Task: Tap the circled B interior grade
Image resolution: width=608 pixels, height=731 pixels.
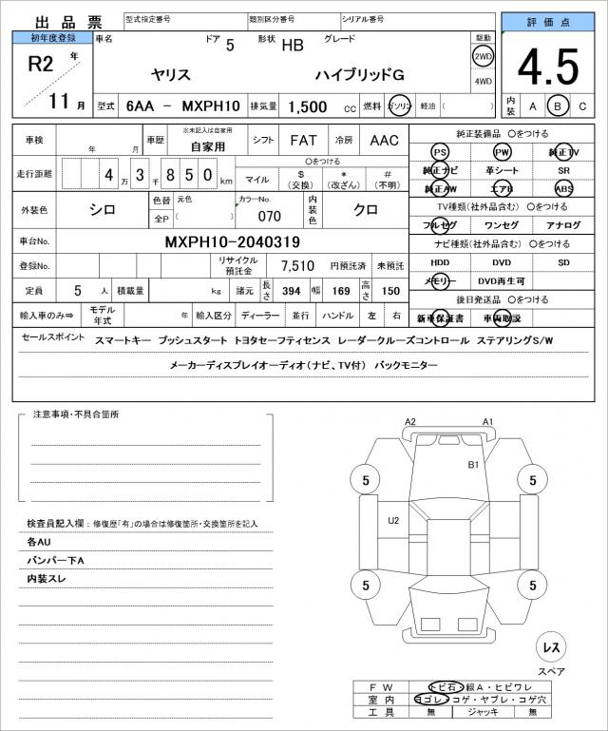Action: [x=559, y=106]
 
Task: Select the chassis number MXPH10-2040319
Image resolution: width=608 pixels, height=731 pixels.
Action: [x=233, y=242]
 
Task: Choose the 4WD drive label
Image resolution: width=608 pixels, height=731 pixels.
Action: [x=484, y=81]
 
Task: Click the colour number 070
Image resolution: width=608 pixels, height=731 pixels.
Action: [x=269, y=216]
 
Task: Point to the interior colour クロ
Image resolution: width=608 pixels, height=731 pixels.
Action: [x=366, y=209]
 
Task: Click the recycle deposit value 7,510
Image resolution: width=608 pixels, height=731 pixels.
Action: [x=297, y=265]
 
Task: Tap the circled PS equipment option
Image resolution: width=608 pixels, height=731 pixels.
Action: [x=440, y=152]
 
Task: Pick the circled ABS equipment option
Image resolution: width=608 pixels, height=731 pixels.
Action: [x=564, y=188]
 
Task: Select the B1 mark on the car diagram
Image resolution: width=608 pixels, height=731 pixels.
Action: [x=473, y=465]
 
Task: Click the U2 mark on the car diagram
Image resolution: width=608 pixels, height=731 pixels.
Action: [x=393, y=520]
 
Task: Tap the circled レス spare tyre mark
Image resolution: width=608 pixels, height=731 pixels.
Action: [x=550, y=647]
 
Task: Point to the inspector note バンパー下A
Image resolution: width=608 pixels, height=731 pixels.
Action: [x=56, y=560]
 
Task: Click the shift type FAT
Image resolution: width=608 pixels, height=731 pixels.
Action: [x=303, y=140]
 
